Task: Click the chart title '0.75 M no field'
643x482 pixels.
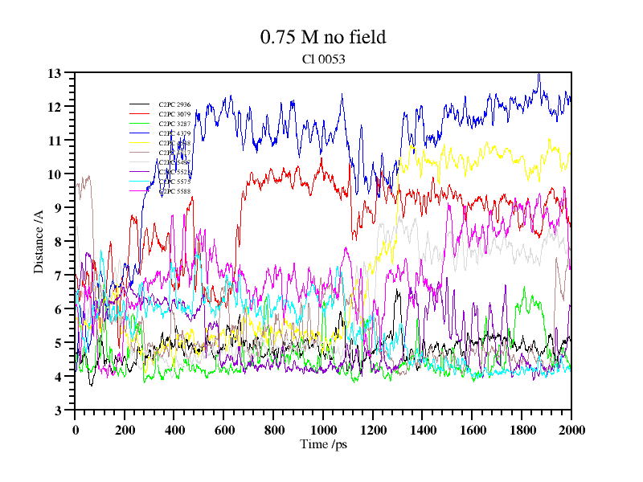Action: click(x=323, y=37)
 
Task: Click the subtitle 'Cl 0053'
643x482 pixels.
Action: click(x=323, y=59)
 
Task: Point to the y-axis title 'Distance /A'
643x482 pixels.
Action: click(x=39, y=241)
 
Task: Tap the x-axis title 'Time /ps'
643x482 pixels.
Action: click(x=322, y=444)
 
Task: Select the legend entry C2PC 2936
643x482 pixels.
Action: click(x=174, y=105)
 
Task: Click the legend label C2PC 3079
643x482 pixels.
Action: click(x=174, y=115)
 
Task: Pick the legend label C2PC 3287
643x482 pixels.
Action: click(x=174, y=125)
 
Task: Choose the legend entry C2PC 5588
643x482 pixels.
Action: click(x=174, y=192)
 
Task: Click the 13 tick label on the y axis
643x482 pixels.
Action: click(x=55, y=73)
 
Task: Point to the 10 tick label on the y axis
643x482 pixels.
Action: click(x=55, y=174)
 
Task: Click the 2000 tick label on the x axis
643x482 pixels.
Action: click(x=571, y=430)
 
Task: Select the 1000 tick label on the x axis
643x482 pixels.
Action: click(x=323, y=430)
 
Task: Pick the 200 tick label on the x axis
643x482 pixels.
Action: click(x=125, y=430)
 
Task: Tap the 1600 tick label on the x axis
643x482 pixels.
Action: click(x=473, y=430)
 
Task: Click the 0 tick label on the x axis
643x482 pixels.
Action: click(x=75, y=430)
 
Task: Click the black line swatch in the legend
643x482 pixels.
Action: click(x=140, y=105)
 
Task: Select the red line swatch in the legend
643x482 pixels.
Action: click(x=140, y=115)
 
